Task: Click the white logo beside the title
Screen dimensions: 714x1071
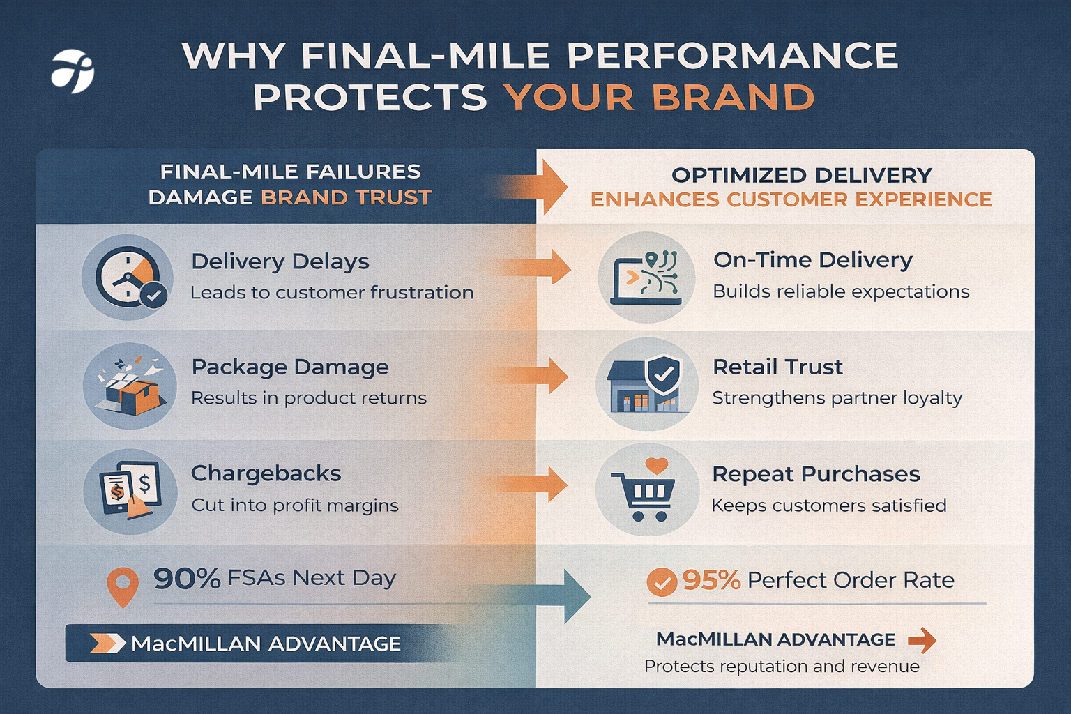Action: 73,71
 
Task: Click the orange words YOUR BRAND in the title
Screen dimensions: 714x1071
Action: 659,98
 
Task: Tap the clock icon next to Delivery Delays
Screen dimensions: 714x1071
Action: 127,278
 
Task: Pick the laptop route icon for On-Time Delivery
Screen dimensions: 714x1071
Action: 646,278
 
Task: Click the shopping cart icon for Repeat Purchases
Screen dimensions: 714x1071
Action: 645,492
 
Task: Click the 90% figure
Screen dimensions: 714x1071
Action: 187,579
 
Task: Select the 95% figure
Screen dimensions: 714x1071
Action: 711,580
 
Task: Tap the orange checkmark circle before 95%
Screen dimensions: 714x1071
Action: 661,582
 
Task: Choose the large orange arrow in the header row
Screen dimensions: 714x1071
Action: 547,187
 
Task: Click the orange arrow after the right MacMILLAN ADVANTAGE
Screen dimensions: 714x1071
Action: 922,639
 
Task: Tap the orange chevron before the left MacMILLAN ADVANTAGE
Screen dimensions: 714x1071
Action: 107,644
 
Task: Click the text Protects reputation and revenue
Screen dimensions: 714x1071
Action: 782,667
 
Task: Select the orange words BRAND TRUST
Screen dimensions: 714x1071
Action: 346,198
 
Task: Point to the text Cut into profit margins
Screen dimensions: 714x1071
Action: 295,506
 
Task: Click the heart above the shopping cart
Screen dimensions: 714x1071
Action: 656,464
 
